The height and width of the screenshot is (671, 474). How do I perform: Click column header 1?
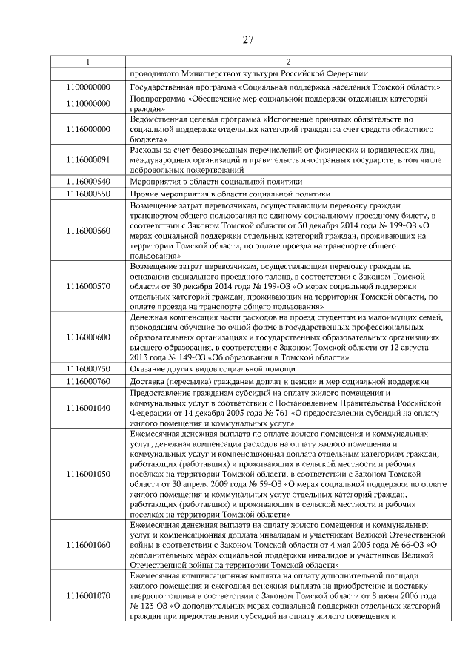(88, 62)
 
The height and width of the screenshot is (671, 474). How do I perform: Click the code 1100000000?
(88, 87)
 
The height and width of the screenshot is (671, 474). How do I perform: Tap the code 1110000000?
(88, 104)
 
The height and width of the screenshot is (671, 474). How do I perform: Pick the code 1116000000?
(88, 129)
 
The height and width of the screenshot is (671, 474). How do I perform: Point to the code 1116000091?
(88, 159)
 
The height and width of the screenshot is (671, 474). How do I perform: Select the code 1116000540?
(88, 181)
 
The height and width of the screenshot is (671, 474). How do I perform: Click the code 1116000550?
(88, 194)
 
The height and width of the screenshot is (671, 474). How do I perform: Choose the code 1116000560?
(88, 231)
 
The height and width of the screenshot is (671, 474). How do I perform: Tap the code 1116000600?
(88, 337)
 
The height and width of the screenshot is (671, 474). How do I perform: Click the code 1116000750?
(88, 368)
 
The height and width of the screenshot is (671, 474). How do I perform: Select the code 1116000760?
(88, 381)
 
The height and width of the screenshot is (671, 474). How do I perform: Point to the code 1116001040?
(88, 407)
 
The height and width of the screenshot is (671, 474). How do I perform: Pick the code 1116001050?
(88, 474)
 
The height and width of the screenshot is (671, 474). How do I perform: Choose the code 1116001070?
(88, 595)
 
